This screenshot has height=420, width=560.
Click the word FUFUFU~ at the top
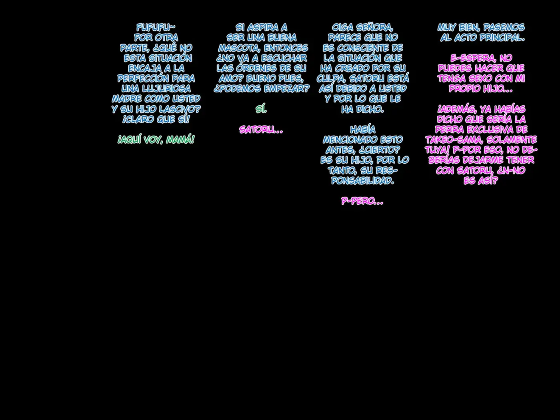(156, 27)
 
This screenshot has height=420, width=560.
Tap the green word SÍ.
(261, 109)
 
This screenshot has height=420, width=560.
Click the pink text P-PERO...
(362, 201)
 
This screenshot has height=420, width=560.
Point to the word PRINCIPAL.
(502, 38)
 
